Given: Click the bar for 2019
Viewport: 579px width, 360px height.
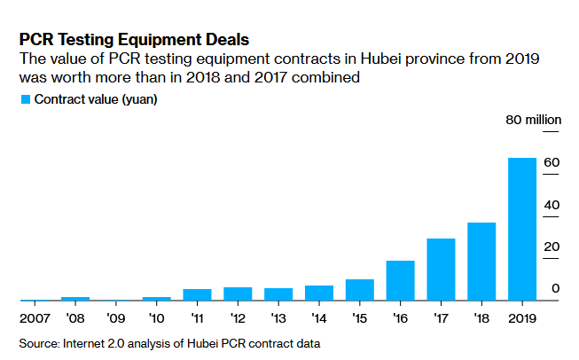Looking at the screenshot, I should click(x=521, y=230).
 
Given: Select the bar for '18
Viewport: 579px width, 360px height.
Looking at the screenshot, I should click(x=481, y=262).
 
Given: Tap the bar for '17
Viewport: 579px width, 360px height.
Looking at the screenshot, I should click(x=441, y=270).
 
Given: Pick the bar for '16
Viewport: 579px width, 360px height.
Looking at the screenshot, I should click(x=400, y=280).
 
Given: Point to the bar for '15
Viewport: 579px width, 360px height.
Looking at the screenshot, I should click(x=359, y=290).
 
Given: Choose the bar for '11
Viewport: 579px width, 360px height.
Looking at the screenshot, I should click(x=197, y=295).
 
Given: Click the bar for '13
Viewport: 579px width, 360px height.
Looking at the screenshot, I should click(x=278, y=294).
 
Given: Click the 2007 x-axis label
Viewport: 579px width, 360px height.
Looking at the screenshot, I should click(x=35, y=317).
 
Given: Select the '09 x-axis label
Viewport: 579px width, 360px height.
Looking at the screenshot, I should click(x=116, y=317).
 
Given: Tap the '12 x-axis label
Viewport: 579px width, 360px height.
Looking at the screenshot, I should click(x=238, y=317).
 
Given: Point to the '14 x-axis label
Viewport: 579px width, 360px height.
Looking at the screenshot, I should click(x=319, y=317).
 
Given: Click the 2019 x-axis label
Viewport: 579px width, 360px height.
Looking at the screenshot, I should click(x=521, y=317).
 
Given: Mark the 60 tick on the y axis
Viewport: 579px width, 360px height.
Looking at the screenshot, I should click(x=551, y=163).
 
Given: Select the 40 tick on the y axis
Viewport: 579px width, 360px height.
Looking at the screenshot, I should click(x=551, y=205).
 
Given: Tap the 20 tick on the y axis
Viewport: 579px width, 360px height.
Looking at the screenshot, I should click(x=551, y=247).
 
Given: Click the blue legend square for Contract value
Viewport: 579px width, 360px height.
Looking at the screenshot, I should click(x=25, y=99).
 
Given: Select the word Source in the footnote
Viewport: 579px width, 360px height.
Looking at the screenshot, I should click(x=39, y=342).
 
